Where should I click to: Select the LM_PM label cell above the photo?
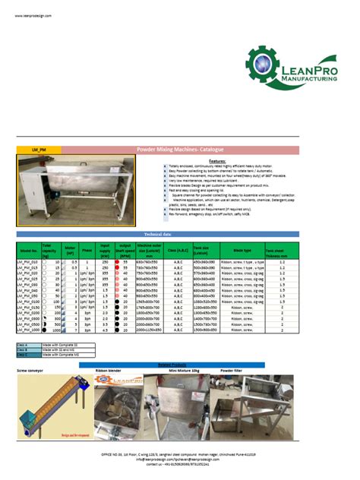point(39,150)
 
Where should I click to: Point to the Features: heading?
point(217,161)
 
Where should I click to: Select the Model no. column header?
point(28,249)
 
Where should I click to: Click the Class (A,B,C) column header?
point(178,249)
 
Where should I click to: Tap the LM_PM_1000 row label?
point(28,330)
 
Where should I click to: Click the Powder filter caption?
point(231,370)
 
